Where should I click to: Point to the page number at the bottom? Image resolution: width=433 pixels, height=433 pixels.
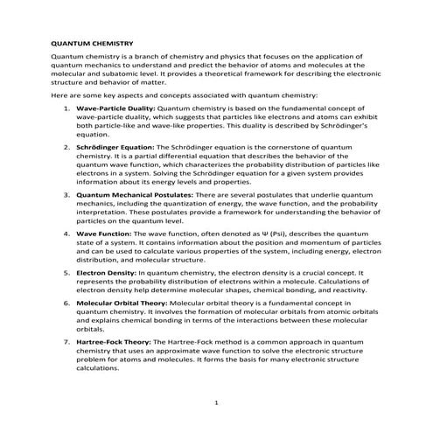[x=216, y=405]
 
